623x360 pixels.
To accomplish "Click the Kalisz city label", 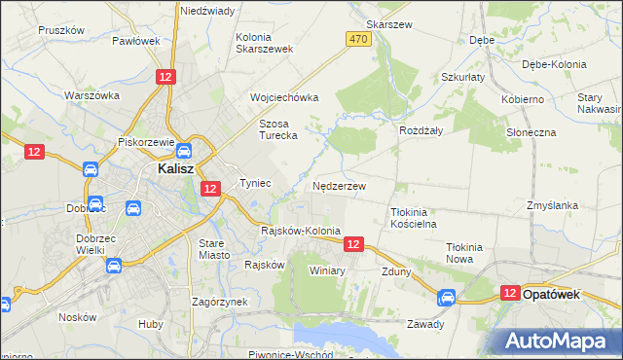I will pyautogui.click(x=179, y=169).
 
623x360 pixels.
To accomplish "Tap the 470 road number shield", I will pyautogui.click(x=357, y=38).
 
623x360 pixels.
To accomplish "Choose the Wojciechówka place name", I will pyautogui.click(x=284, y=98).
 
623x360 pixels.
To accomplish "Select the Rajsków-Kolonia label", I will pyautogui.click(x=301, y=232).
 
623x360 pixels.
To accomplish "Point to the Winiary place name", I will pyautogui.click(x=327, y=270).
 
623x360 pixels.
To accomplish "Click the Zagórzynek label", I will pyautogui.click(x=220, y=302).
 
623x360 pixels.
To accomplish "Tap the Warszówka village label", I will pyautogui.click(x=92, y=95).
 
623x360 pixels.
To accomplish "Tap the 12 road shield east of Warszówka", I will pyautogui.click(x=166, y=77).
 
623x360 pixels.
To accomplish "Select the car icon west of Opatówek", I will pyautogui.click(x=446, y=298).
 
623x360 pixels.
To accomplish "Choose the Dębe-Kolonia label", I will pyautogui.click(x=554, y=64).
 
